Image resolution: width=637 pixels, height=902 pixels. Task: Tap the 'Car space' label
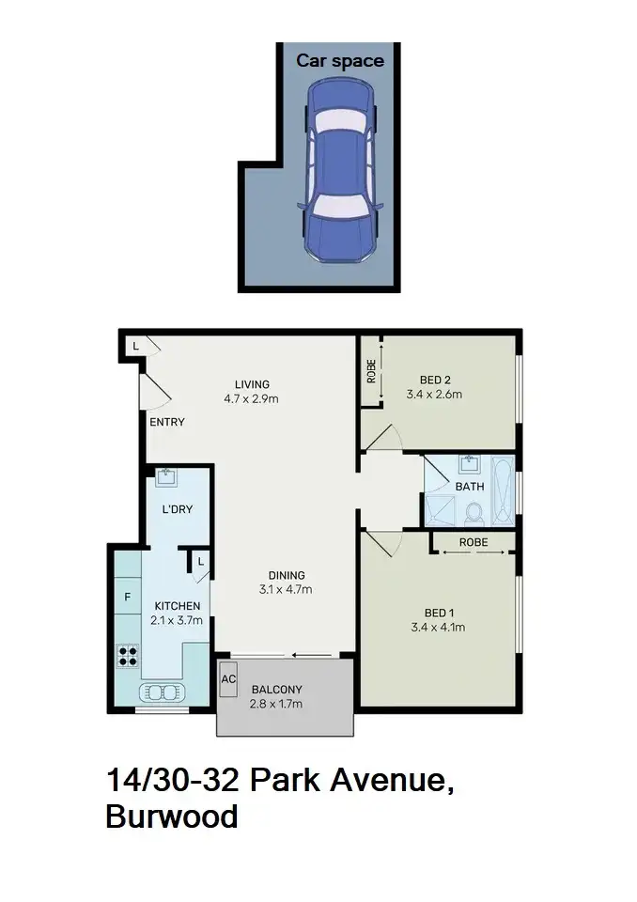tap(340, 61)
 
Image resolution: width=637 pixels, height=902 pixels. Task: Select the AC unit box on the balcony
tap(227, 678)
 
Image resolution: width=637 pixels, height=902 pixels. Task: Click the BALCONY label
tap(276, 688)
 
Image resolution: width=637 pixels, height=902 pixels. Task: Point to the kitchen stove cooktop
tap(128, 655)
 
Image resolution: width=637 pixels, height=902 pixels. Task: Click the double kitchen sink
tap(163, 693)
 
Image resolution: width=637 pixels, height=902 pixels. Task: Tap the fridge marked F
tap(127, 596)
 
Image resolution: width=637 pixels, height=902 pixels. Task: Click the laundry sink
tap(168, 476)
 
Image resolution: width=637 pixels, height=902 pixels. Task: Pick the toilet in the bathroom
tap(474, 513)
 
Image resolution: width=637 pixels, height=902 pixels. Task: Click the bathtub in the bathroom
tap(505, 490)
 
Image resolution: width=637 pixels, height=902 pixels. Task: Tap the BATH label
tap(469, 487)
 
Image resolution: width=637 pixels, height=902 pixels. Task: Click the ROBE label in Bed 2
tap(371, 371)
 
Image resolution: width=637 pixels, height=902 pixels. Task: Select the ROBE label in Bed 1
tap(473, 542)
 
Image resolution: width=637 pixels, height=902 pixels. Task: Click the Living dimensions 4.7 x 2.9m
tap(252, 397)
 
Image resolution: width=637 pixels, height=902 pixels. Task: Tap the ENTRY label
tap(167, 422)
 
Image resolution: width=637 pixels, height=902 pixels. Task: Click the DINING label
tap(287, 576)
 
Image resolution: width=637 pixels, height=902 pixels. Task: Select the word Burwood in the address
tap(172, 816)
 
